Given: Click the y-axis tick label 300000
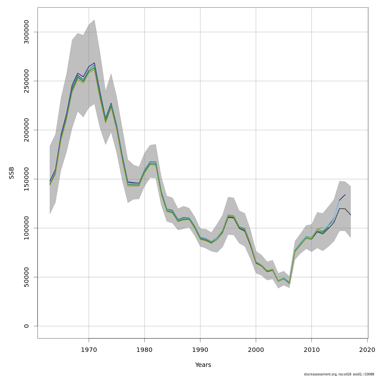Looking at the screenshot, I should pos(26,32).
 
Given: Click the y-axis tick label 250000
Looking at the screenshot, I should pos(26,81).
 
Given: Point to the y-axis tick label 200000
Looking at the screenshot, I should pos(26,130).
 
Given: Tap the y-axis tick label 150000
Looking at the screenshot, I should pos(26,179).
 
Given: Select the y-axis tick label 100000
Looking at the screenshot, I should pos(26,228).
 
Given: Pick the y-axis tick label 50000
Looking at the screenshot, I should pos(26,277).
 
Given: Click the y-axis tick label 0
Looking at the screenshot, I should pos(26,326).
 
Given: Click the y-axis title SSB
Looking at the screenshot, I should pos(12,173).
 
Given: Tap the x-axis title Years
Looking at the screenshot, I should pos(203,365).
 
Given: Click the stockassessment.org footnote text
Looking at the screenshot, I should pos(339,374).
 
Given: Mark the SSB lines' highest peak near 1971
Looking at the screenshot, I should pos(94,63).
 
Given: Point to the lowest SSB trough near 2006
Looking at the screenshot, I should pos(289,284).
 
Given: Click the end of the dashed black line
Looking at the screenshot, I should pos(351,215).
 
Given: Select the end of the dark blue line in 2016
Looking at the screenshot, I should pos(345,195).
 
